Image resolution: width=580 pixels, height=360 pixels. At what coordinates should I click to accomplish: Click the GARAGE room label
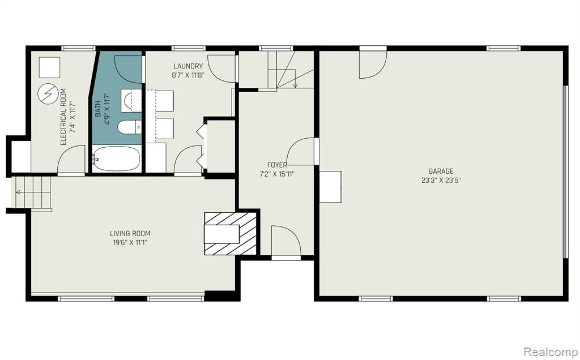441,171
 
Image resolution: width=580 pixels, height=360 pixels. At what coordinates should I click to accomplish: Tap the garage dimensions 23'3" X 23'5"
441,181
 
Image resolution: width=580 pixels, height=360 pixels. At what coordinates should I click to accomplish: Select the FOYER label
277,165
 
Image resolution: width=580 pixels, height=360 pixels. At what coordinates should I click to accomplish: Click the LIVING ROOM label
130,233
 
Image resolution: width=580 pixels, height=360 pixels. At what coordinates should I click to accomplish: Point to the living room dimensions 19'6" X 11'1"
130,243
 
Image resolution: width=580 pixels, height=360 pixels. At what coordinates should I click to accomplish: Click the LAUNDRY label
188,66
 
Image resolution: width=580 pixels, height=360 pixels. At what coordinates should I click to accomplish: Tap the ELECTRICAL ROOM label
63,117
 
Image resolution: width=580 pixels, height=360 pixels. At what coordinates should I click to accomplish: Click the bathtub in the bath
116,158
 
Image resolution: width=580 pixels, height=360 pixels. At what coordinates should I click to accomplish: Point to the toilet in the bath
130,127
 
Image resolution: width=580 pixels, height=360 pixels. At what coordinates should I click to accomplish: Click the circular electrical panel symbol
48,94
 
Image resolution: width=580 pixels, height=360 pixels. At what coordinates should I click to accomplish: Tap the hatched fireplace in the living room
231,233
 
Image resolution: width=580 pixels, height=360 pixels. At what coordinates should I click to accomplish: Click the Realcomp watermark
551,350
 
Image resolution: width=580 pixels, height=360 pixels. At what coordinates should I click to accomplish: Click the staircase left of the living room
32,192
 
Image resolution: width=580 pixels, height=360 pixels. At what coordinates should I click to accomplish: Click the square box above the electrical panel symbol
49,67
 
